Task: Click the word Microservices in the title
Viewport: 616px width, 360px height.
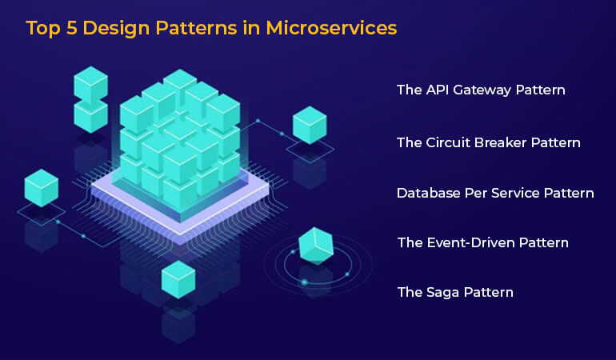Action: [x=331, y=28]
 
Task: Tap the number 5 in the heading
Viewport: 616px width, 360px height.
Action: [x=71, y=28]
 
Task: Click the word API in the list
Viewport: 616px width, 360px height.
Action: [x=438, y=90]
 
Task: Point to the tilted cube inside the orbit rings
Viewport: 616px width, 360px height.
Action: [x=316, y=246]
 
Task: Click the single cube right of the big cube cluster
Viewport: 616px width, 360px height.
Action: [x=310, y=125]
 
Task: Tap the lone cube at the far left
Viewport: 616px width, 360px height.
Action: [x=42, y=187]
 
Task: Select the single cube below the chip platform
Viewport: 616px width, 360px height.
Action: [x=178, y=279]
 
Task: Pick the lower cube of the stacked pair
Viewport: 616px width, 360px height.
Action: [x=90, y=117]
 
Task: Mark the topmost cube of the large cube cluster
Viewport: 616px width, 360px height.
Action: [x=180, y=84]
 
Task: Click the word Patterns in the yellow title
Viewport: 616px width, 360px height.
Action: [x=197, y=28]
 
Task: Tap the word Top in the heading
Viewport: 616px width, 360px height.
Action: [x=43, y=29]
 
